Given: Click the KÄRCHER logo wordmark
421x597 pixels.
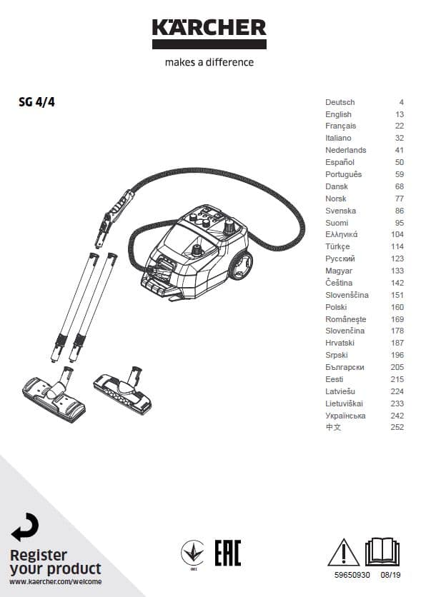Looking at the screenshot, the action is [x=209, y=27].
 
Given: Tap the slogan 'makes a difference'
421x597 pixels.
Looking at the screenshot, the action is [x=209, y=62].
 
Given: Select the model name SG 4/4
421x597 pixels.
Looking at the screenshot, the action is [x=36, y=102].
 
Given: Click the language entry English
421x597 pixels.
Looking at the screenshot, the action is [x=338, y=114].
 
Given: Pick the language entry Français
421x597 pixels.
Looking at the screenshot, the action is [x=341, y=126].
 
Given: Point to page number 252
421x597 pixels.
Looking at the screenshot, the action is [x=397, y=427].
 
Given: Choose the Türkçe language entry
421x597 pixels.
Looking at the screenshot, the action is [x=337, y=246].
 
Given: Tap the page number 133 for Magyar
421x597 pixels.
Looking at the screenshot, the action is [x=397, y=271].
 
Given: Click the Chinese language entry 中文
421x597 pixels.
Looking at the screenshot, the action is [x=333, y=427].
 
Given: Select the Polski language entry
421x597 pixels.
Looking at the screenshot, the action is [x=336, y=307].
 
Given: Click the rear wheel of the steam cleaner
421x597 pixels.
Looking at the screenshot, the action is [x=241, y=265].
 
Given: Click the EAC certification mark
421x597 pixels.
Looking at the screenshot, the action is [x=228, y=553].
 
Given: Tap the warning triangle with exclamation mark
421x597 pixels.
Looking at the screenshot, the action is [x=343, y=553].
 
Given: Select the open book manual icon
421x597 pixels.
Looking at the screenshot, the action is [x=382, y=551].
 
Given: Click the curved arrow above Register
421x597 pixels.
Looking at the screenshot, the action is [x=26, y=527].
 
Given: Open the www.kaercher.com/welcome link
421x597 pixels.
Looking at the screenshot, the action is [x=56, y=582].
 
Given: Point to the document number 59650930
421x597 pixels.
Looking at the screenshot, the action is [x=352, y=575].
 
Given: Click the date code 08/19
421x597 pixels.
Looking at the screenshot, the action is [x=390, y=575].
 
